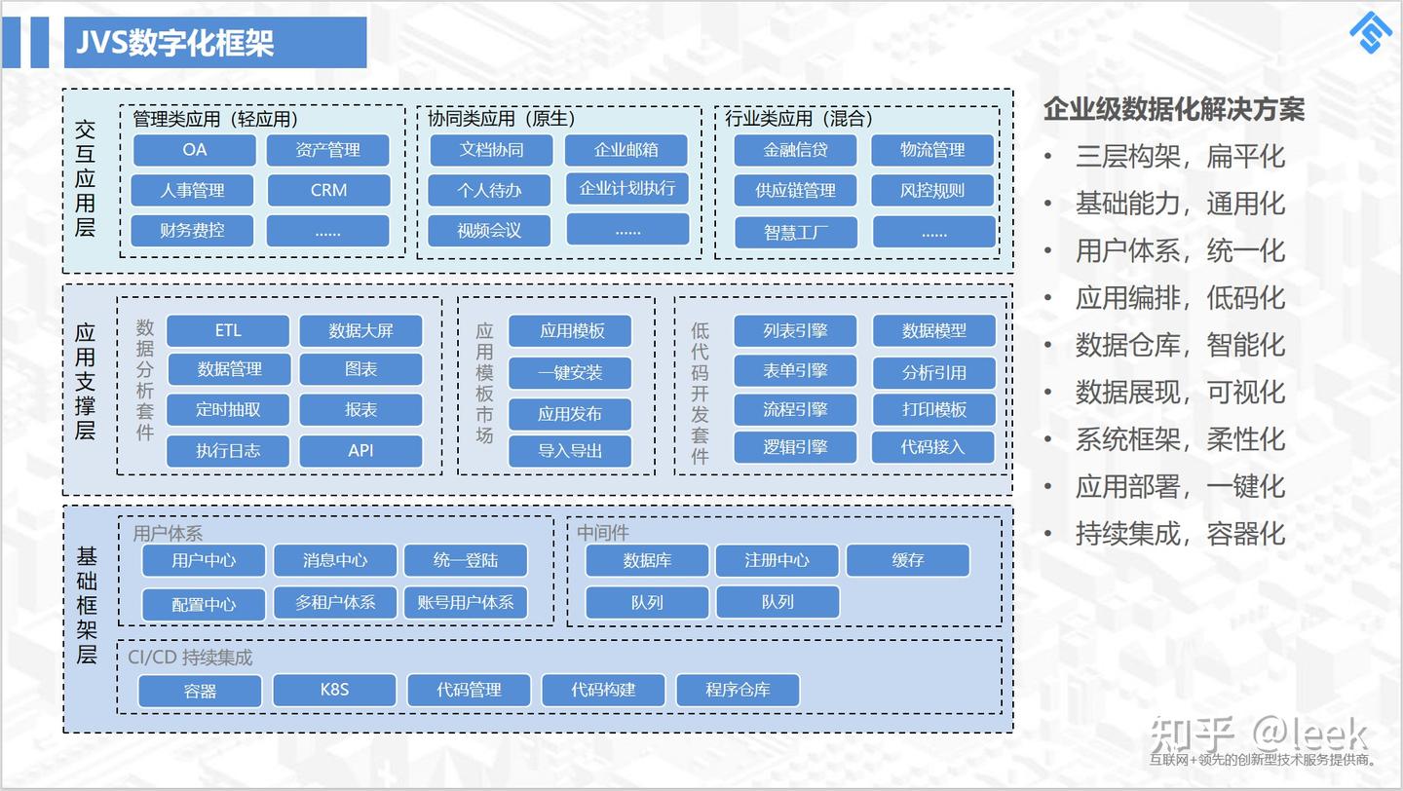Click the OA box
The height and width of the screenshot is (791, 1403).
194,150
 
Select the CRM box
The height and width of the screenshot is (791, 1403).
328,190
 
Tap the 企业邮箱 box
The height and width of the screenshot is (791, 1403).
626,150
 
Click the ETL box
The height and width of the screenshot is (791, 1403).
227,331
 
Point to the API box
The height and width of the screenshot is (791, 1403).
360,451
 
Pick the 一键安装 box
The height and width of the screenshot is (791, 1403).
570,373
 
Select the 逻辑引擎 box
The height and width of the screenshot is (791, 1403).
795,448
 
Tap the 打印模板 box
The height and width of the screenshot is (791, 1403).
933,410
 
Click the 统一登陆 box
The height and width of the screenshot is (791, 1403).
465,560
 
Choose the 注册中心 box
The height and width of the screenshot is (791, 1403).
777,560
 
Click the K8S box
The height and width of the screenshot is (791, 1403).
334,690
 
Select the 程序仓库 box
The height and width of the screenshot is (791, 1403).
738,690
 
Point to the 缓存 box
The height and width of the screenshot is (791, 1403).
907,560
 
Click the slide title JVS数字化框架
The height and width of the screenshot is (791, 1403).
175,43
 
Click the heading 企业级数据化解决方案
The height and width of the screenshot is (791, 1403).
1173,109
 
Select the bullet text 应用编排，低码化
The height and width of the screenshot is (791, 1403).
1180,298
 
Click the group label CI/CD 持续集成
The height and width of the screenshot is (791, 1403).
190,658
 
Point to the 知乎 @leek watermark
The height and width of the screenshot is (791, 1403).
1258,734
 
